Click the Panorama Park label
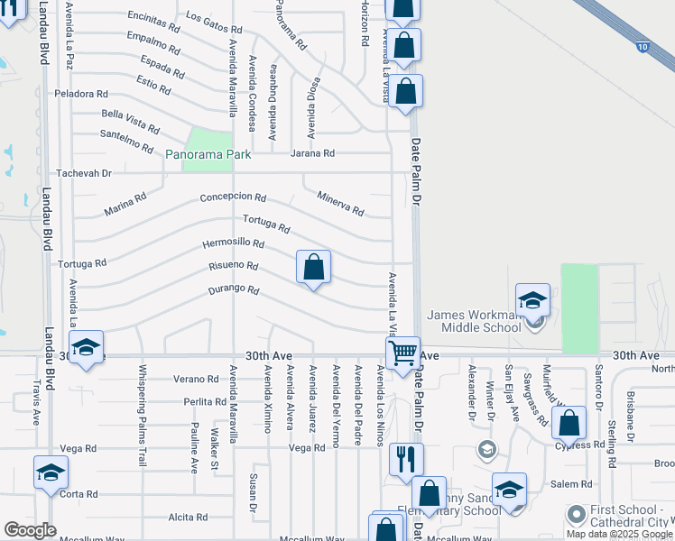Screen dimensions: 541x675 208,155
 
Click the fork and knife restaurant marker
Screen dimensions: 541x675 406,459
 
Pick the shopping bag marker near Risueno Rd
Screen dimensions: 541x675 314,268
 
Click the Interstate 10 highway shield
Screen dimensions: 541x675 641,45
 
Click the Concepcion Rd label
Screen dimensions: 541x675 233,197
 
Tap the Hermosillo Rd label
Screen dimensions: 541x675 233,243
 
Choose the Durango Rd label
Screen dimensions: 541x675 234,290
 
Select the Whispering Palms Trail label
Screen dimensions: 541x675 142,415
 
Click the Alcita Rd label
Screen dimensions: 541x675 188,518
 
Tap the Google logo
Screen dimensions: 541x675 30,530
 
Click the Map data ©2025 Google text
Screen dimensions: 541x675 619,534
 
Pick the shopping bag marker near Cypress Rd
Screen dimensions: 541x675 569,422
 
